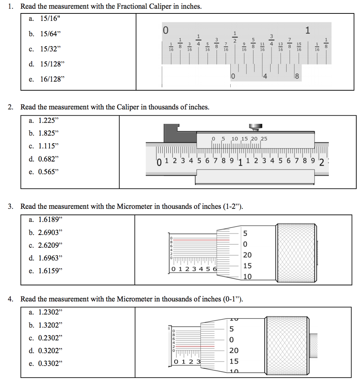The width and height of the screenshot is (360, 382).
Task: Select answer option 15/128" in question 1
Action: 52,64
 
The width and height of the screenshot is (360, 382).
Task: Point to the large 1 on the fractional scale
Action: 307,30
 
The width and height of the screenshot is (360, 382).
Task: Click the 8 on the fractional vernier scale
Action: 297,77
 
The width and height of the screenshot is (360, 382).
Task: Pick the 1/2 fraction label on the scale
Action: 235,37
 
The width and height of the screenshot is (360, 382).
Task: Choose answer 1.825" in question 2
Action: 49,133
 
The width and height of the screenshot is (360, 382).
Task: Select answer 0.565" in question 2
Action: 49,172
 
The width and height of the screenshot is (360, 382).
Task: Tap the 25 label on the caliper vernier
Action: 263,139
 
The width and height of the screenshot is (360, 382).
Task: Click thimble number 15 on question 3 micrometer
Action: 247,266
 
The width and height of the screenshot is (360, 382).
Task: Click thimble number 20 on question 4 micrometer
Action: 234,351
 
